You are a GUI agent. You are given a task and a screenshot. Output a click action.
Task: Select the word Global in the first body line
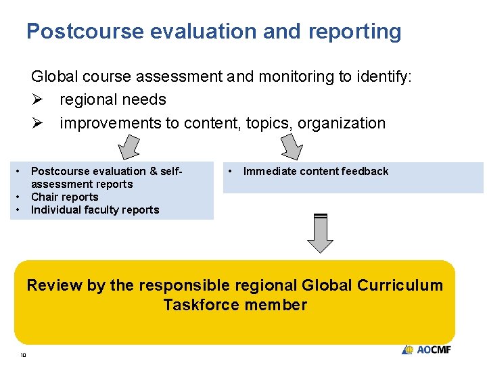click(54, 77)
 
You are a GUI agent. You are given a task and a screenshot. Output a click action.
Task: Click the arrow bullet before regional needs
click(37, 100)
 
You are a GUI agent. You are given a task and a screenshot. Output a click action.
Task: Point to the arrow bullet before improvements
click(37, 124)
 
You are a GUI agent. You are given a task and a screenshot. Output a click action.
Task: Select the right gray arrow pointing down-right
click(292, 146)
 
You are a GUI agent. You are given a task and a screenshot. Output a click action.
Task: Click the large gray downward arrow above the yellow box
click(321, 233)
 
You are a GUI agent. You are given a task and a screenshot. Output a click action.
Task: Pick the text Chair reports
click(65, 197)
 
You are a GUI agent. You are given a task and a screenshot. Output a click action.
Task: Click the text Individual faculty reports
click(95, 210)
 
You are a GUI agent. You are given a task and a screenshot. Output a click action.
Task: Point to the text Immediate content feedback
click(316, 171)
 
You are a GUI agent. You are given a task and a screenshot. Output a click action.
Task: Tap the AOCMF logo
click(426, 349)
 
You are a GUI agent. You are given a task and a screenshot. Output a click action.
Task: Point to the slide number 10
click(22, 355)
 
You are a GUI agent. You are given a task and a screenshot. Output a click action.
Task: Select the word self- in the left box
click(167, 171)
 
